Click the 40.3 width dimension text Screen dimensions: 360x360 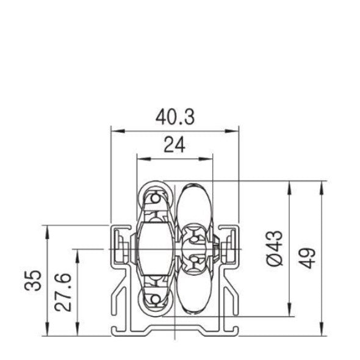[175, 118]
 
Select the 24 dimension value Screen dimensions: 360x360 [175, 145]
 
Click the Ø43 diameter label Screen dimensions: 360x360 [275, 248]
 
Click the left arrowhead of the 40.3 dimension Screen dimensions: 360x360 [114, 131]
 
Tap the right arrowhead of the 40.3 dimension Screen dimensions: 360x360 [234, 131]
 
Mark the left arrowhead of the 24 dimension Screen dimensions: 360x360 [140, 158]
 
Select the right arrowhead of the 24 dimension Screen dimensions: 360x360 [211, 158]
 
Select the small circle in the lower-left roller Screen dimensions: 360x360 [156, 297]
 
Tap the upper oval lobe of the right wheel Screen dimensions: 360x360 [194, 204]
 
